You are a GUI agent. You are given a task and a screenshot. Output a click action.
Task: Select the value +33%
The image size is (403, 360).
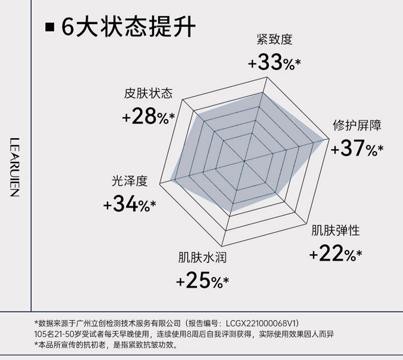pyautogui.click(x=274, y=63)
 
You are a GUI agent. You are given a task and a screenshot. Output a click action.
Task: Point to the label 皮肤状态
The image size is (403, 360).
pyautogui.click(x=148, y=94)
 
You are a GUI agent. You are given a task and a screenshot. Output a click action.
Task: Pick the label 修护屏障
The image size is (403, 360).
pyautogui.click(x=357, y=125)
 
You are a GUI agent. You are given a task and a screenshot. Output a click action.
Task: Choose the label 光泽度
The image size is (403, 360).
pyautogui.click(x=130, y=181)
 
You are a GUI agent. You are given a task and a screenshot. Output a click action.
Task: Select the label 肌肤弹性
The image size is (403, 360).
pyautogui.click(x=336, y=230)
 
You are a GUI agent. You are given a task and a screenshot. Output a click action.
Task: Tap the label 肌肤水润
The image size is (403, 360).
pyautogui.click(x=202, y=258)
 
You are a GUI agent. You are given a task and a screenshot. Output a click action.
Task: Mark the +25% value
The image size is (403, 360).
pyautogui.click(x=202, y=280)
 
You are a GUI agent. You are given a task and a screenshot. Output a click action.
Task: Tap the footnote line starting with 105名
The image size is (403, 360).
pyautogui.click(x=184, y=335)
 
